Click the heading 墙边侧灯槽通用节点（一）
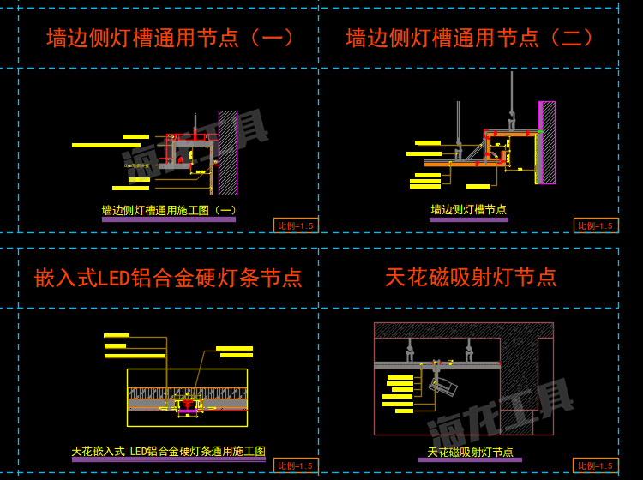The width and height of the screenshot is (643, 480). [x=171, y=38]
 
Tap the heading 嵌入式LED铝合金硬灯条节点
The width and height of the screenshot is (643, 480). [x=168, y=278]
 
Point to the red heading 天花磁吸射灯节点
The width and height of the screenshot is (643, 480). [x=471, y=277]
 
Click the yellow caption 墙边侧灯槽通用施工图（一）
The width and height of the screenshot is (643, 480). [x=169, y=209]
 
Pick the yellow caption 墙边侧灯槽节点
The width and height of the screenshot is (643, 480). [x=468, y=209]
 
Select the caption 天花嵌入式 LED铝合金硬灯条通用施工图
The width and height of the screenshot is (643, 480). [x=168, y=451]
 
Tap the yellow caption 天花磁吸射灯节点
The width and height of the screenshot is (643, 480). [x=470, y=452]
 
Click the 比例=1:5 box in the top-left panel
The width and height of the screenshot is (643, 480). [x=296, y=225]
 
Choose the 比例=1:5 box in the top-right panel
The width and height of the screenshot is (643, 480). [x=596, y=225]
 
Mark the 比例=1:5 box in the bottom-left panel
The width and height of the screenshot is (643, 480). [x=296, y=465]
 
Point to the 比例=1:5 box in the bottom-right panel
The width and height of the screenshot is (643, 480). [x=596, y=465]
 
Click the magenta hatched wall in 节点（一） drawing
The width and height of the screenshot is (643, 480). [x=227, y=153]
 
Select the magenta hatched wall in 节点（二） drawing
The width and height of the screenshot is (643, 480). [x=547, y=141]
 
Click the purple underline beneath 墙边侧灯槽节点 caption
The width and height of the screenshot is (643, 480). [x=468, y=219]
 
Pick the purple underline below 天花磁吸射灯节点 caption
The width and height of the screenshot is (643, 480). [x=470, y=460]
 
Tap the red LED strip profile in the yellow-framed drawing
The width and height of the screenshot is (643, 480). [x=187, y=405]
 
